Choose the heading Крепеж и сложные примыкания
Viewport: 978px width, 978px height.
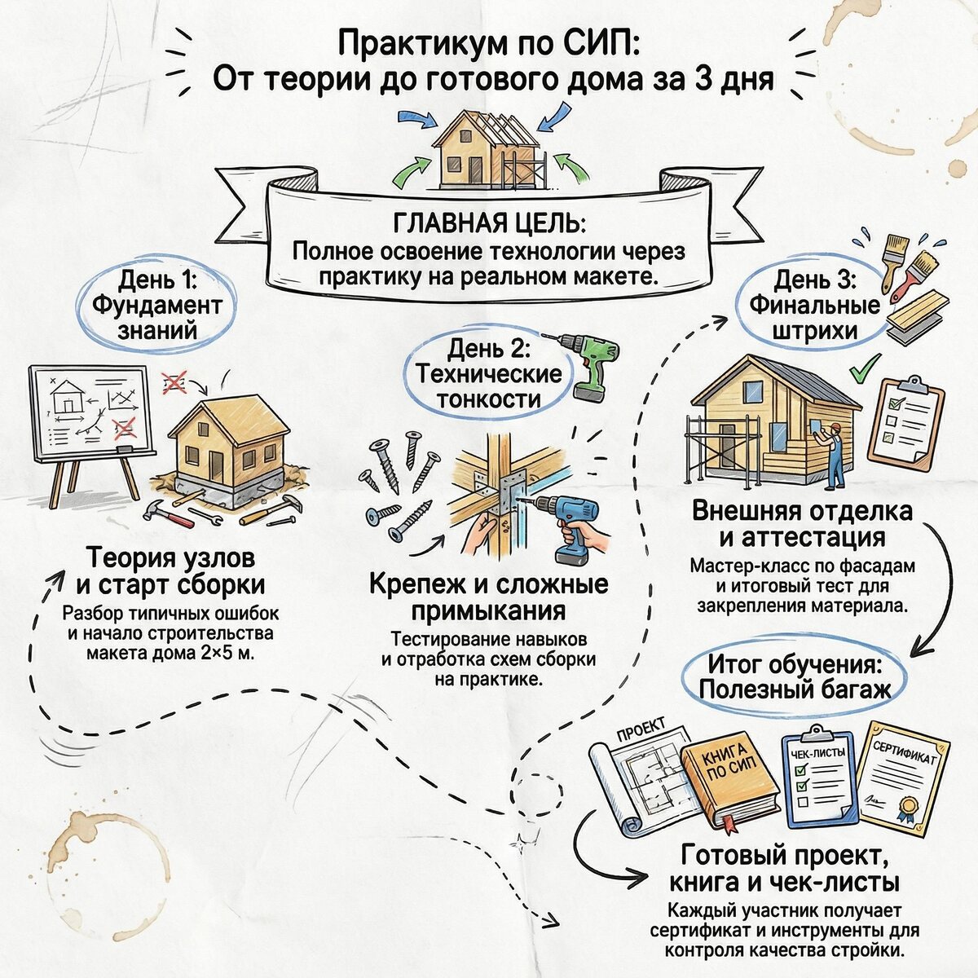(x=489, y=597)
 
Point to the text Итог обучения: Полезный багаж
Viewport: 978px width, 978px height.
(x=795, y=676)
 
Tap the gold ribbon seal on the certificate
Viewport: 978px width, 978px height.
(x=906, y=807)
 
